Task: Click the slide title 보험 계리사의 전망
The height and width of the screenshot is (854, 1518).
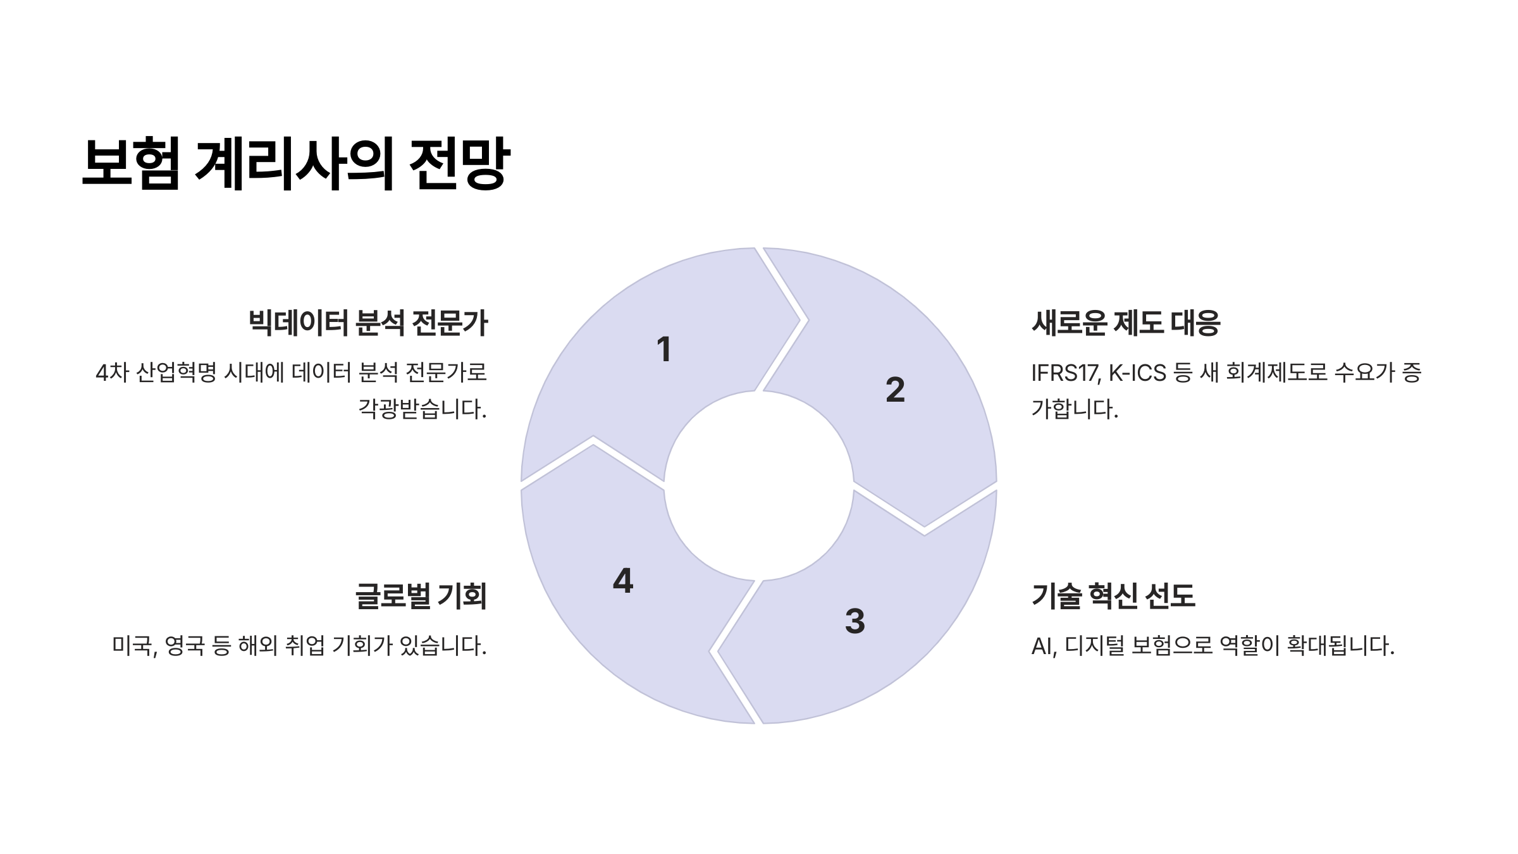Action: pyautogui.click(x=295, y=163)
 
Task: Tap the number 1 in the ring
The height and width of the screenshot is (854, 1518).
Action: pyautogui.click(x=663, y=349)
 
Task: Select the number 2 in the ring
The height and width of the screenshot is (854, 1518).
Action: pyautogui.click(x=895, y=390)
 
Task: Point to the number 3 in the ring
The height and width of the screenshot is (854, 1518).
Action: pyautogui.click(x=855, y=621)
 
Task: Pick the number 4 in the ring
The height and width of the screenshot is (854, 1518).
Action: pyautogui.click(x=623, y=581)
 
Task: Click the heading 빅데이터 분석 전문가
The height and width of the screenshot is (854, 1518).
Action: pyautogui.click(x=368, y=323)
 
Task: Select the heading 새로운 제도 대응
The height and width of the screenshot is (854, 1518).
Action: pyautogui.click(x=1126, y=323)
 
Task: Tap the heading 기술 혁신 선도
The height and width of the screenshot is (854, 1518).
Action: pyautogui.click(x=1113, y=596)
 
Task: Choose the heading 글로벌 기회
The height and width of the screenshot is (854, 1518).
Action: pyautogui.click(x=421, y=596)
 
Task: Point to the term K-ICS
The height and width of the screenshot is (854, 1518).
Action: pyautogui.click(x=1137, y=373)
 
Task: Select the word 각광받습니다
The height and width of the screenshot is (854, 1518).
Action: pyautogui.click(x=423, y=409)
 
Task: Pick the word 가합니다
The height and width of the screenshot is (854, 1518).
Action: pyautogui.click(x=1075, y=409)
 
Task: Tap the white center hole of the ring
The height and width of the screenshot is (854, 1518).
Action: pyautogui.click(x=758, y=486)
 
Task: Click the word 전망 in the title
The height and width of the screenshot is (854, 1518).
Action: pyautogui.click(x=459, y=163)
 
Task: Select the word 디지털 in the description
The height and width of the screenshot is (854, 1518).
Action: pyautogui.click(x=1094, y=646)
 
